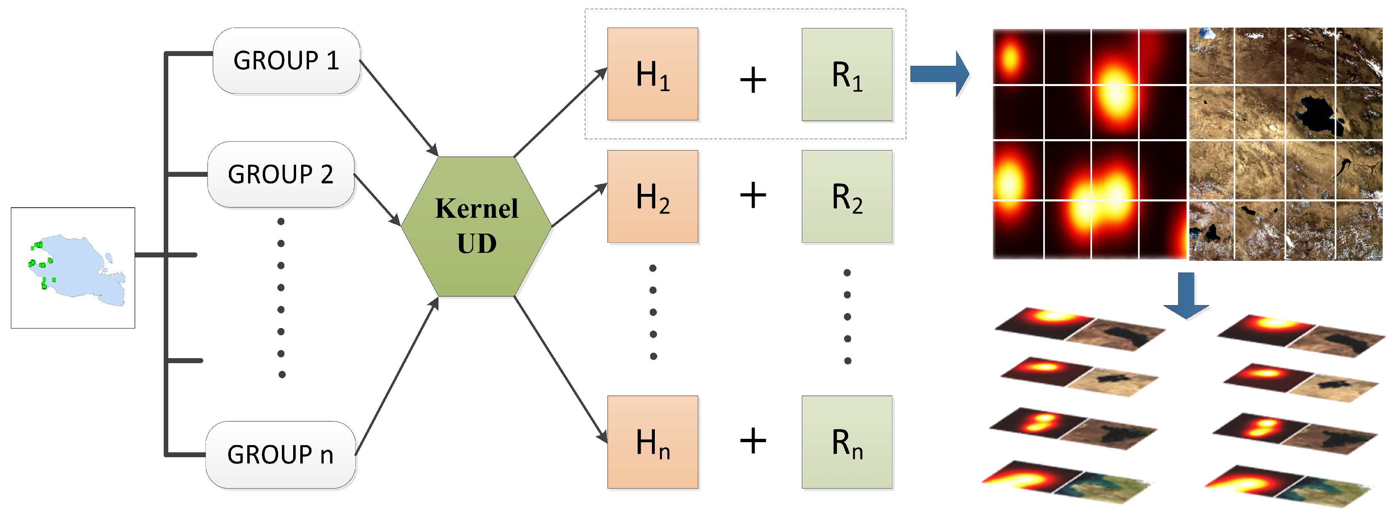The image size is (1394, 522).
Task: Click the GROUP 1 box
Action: point(286,61)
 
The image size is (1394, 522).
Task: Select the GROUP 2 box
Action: point(281,174)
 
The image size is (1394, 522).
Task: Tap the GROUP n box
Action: point(280,455)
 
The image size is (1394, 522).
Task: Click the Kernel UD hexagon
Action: point(476,227)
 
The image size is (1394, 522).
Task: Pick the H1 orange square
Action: point(653,74)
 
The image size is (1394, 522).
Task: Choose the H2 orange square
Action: point(653,196)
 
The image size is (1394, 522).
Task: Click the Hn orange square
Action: point(653,442)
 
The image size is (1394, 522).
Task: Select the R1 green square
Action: point(847,74)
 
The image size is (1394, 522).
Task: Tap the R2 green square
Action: point(847,196)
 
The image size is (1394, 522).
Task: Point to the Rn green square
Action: point(847,442)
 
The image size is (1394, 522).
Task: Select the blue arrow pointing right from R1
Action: point(939,74)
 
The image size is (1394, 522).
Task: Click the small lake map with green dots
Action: point(73,268)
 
